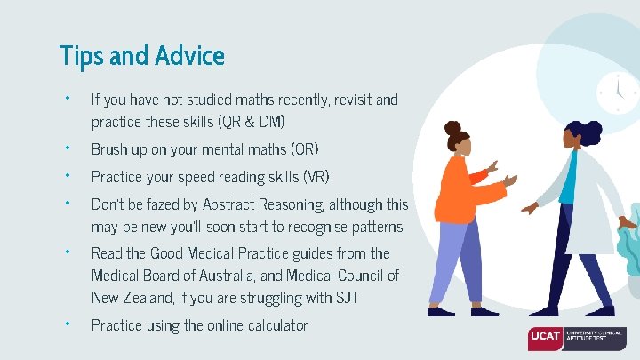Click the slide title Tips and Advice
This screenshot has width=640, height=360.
[x=141, y=56]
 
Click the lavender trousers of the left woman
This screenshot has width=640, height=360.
[x=469, y=267]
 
